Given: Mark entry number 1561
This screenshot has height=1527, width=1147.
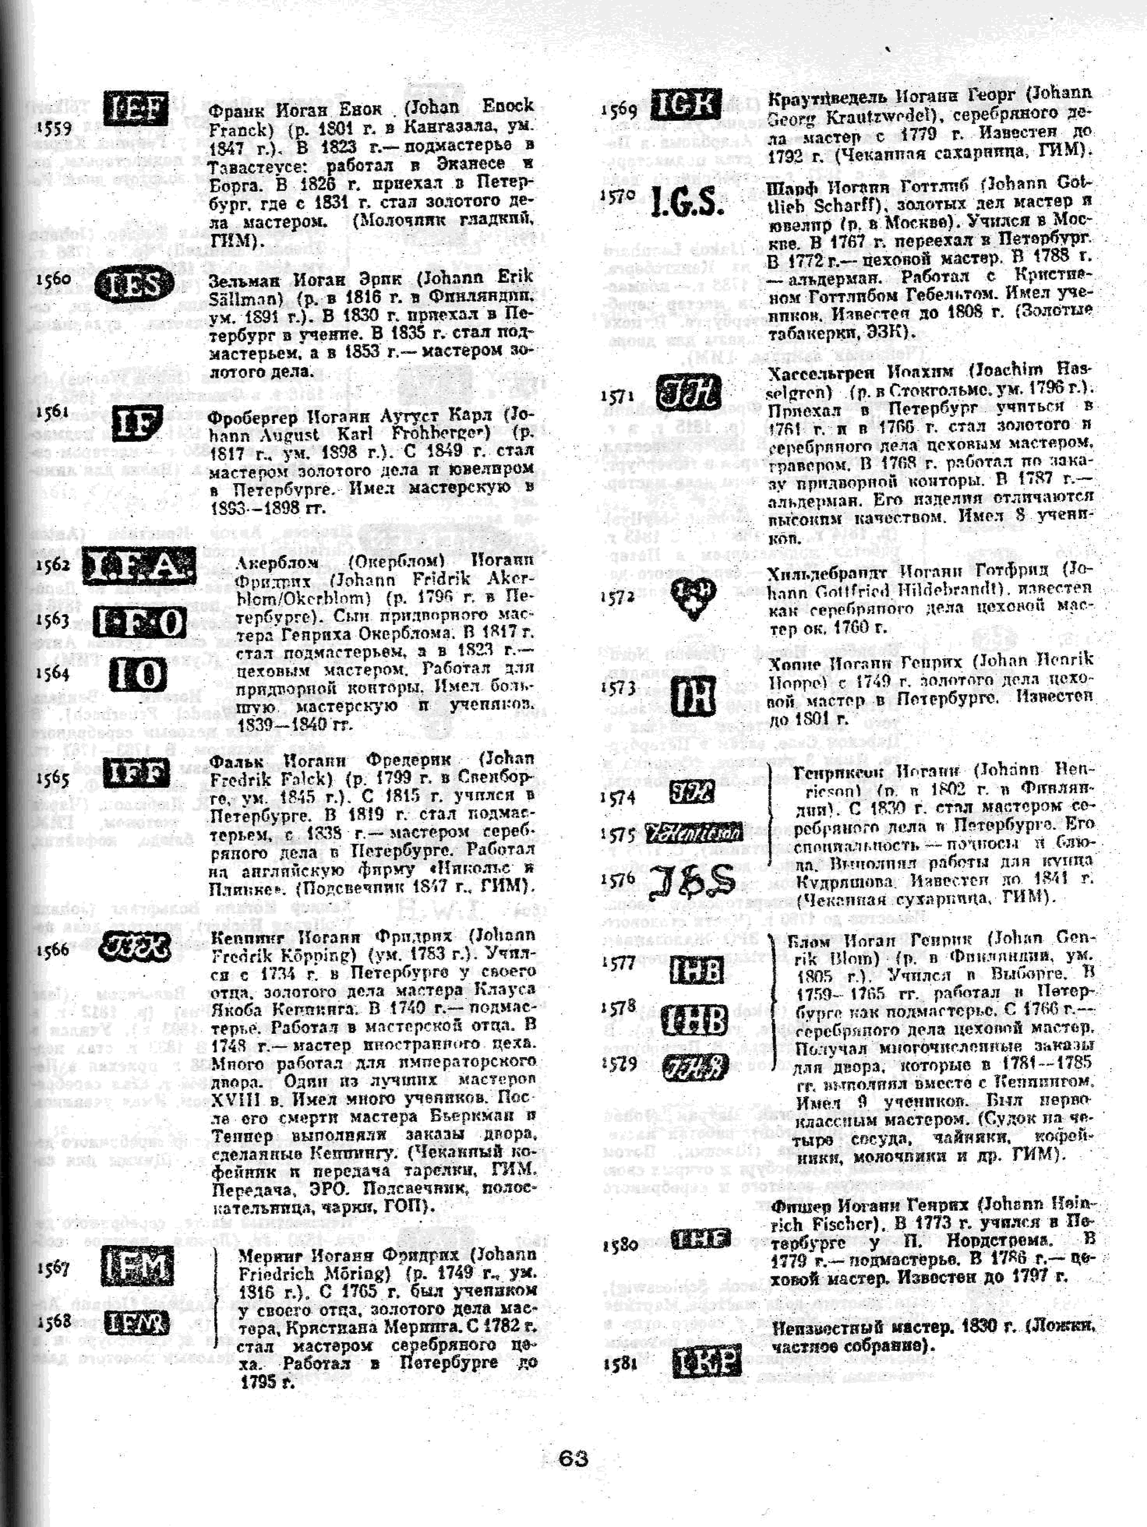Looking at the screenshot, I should (x=53, y=412).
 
